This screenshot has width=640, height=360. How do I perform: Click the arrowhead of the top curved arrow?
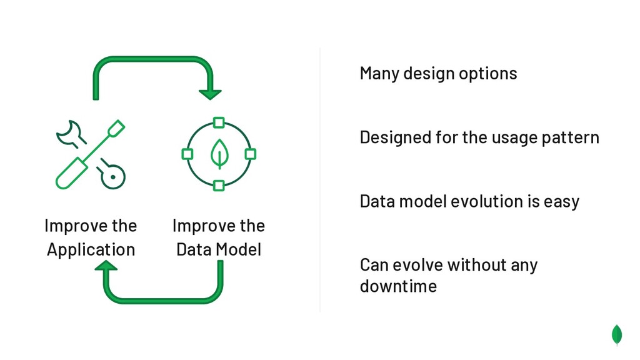(x=210, y=94)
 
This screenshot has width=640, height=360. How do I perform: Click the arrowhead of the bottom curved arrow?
(x=106, y=267)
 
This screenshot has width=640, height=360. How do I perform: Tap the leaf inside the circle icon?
(x=219, y=154)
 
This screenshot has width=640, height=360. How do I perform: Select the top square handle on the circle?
(x=219, y=122)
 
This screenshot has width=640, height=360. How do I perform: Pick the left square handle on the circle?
(x=187, y=154)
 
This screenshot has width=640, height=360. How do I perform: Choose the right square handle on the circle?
(x=250, y=154)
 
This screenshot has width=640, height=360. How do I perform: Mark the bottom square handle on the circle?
(x=219, y=186)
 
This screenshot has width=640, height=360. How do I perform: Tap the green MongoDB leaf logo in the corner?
(x=617, y=334)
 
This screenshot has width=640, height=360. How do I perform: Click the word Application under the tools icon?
(x=91, y=249)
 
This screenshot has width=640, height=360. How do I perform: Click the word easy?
(x=561, y=202)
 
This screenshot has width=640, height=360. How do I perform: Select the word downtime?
(x=398, y=286)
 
